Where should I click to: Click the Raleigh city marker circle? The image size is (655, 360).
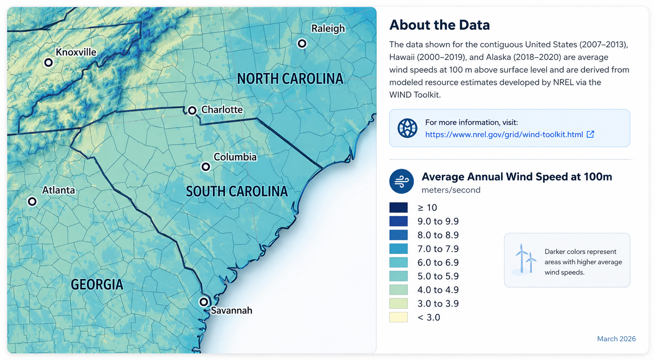302,44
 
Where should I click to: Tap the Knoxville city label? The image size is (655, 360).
76,52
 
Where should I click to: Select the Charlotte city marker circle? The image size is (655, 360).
192,111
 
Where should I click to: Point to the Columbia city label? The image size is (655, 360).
235,157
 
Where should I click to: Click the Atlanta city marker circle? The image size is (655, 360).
32,202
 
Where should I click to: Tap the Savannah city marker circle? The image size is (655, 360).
204,302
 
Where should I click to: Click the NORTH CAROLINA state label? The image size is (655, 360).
290,79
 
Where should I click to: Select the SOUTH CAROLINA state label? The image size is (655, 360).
237,191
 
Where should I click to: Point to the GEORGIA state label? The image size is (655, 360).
97,285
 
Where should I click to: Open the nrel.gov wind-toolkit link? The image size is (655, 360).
504,135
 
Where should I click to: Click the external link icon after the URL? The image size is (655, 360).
590,134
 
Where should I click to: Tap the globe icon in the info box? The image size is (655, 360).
407,128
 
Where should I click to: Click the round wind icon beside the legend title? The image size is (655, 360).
401,181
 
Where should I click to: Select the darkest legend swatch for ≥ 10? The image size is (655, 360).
399,207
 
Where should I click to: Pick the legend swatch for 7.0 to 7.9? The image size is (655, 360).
399,249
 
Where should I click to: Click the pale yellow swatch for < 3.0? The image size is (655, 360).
399,317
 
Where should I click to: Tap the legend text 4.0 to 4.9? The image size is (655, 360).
438,290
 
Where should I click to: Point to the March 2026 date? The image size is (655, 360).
616,339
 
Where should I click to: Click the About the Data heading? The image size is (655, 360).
439,25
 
